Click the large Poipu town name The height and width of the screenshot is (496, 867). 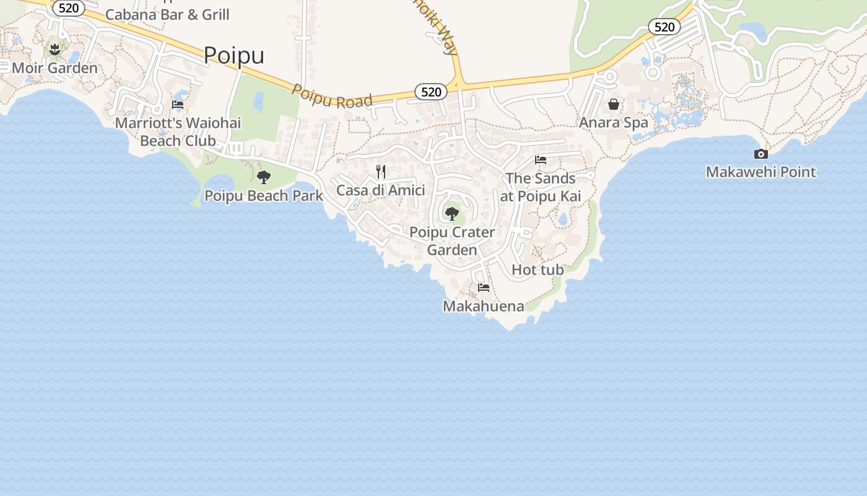(x=233, y=55)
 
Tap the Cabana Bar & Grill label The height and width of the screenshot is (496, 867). (x=167, y=14)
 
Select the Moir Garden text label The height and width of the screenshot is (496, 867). (x=54, y=68)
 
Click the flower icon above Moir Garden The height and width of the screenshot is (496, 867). (x=54, y=48)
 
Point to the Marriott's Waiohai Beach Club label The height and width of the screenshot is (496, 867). (x=178, y=131)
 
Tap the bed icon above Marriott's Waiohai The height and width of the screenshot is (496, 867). (x=178, y=105)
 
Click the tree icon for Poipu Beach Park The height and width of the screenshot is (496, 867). (x=264, y=177)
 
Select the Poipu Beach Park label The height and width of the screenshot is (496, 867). (x=264, y=196)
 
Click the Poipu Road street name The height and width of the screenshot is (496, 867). (x=332, y=96)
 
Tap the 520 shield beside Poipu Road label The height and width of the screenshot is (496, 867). (x=430, y=92)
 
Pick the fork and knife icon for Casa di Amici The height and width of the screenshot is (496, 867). (x=381, y=172)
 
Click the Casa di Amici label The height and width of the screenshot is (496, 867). (x=380, y=190)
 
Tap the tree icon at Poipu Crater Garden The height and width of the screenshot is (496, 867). (x=452, y=214)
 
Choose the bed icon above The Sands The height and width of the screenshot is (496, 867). (x=541, y=160)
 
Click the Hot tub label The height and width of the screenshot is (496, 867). (x=538, y=270)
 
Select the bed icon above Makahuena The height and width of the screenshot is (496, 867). (x=484, y=288)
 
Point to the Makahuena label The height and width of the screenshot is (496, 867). (x=483, y=306)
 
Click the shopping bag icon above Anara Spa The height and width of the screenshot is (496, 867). (x=614, y=104)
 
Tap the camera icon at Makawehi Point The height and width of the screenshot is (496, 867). (x=761, y=154)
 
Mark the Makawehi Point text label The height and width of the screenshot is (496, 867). (x=761, y=172)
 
